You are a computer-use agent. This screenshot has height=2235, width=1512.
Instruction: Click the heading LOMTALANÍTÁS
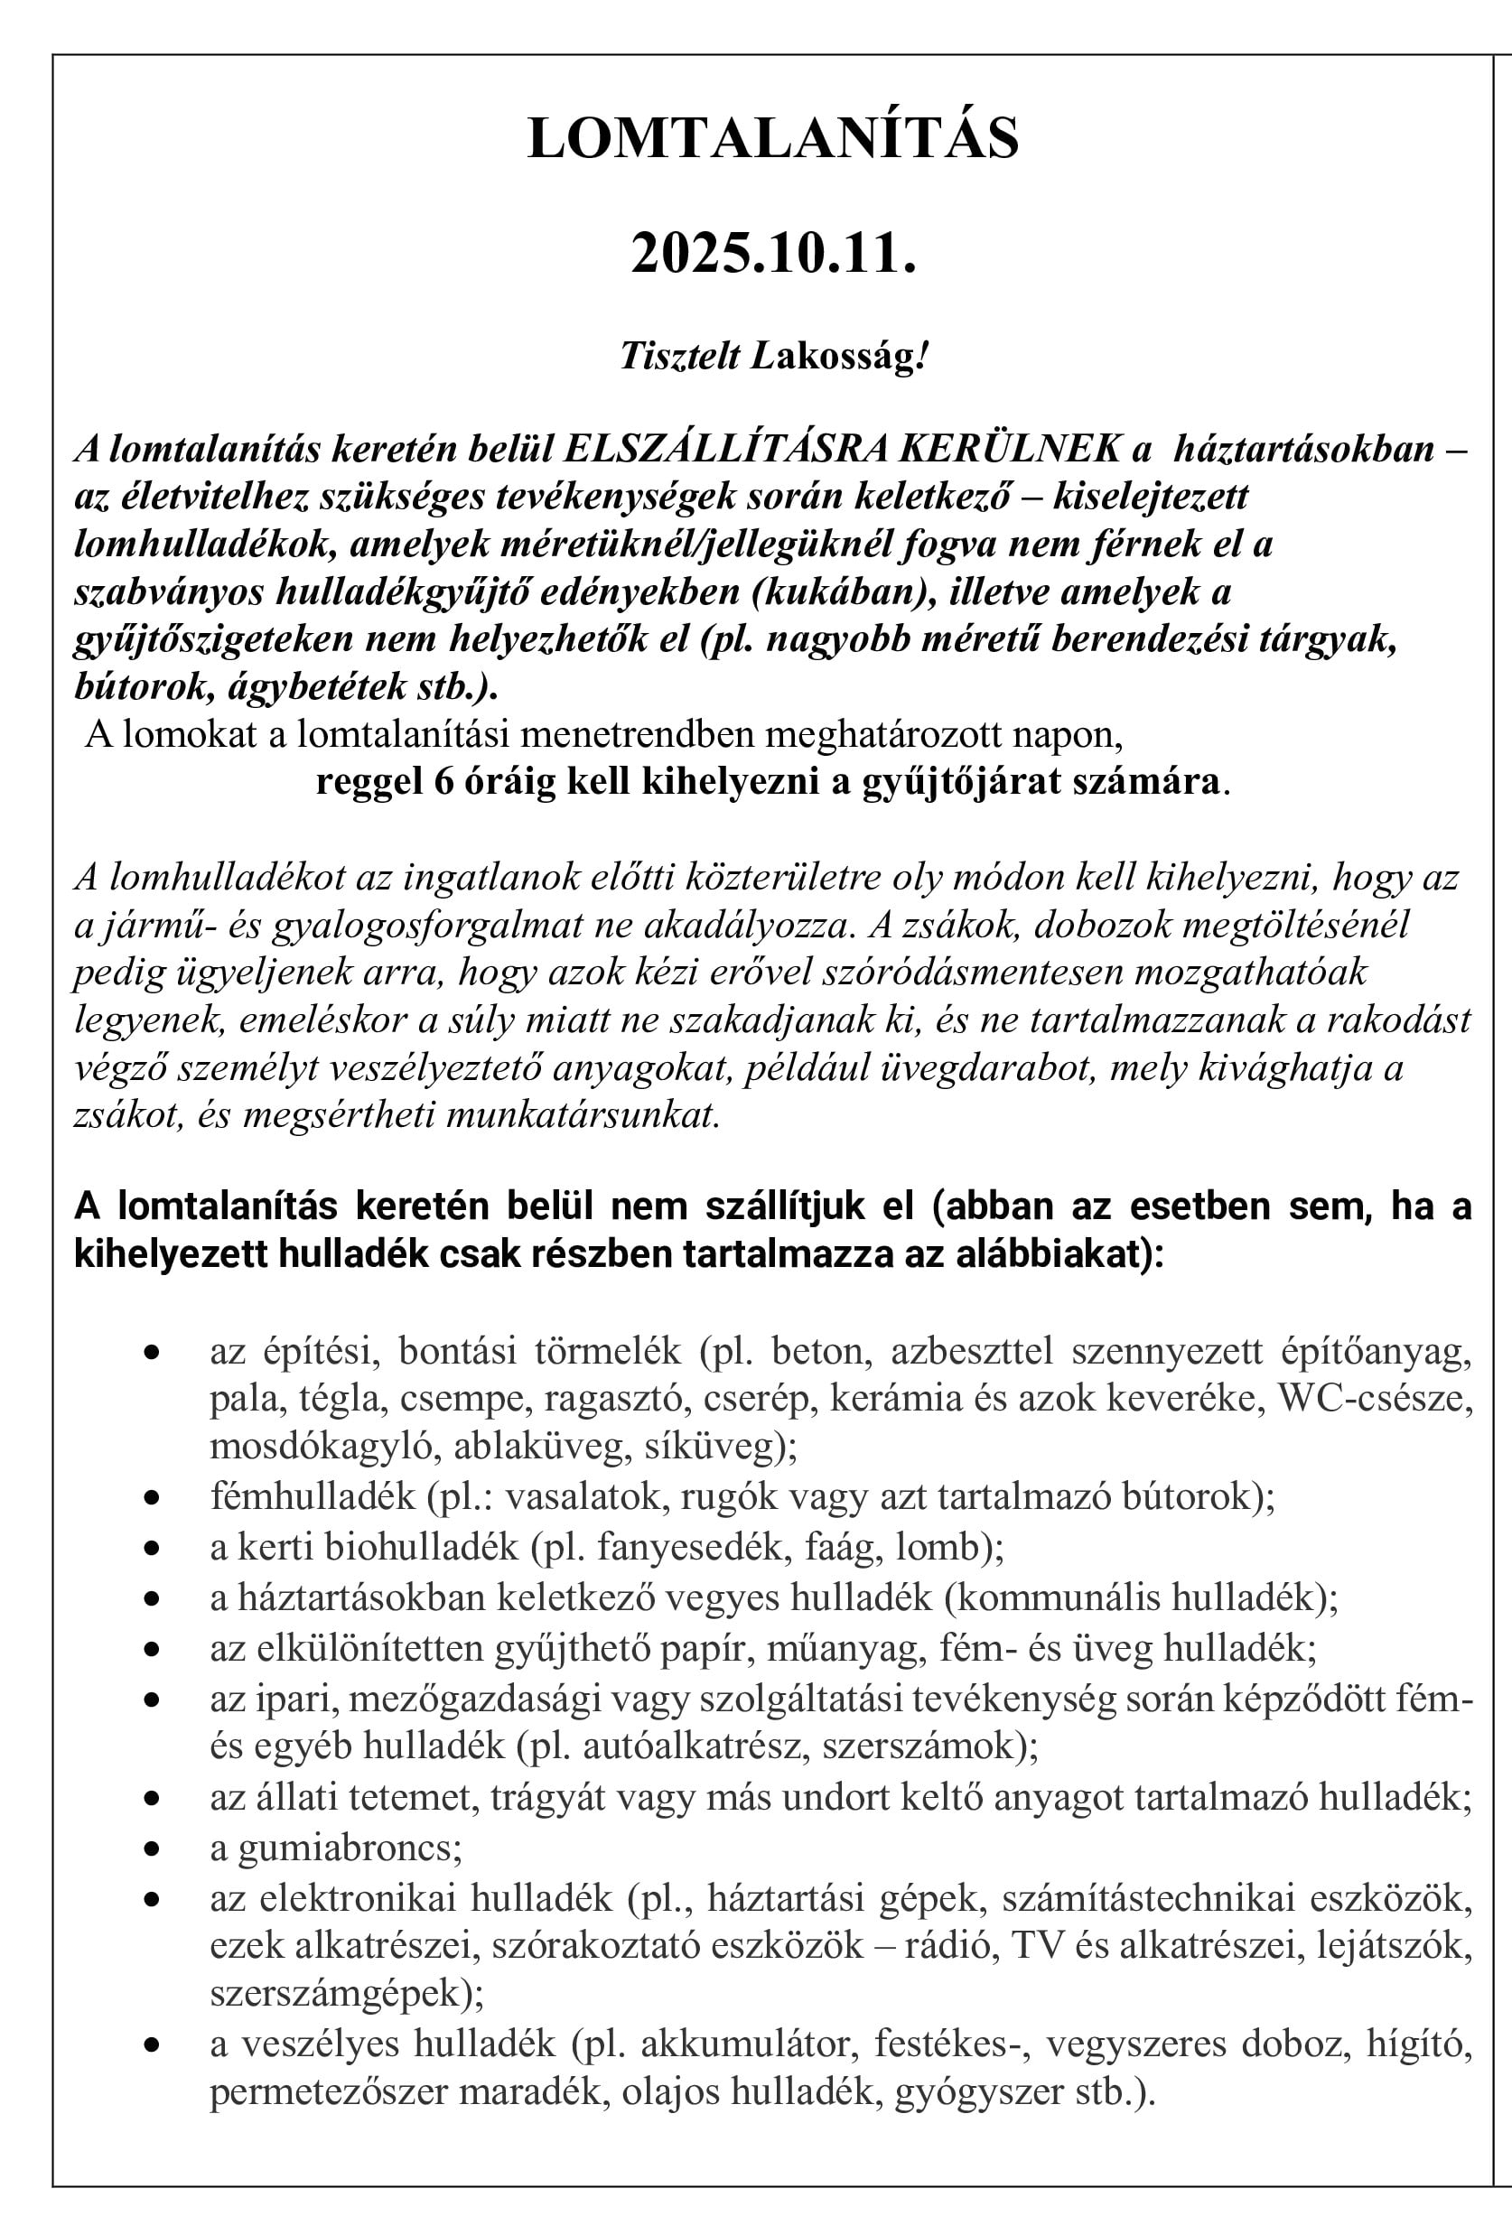coord(773,138)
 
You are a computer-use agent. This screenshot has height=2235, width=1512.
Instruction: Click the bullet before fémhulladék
coord(151,1498)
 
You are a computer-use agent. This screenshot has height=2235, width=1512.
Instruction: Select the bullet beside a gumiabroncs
coord(151,1849)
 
